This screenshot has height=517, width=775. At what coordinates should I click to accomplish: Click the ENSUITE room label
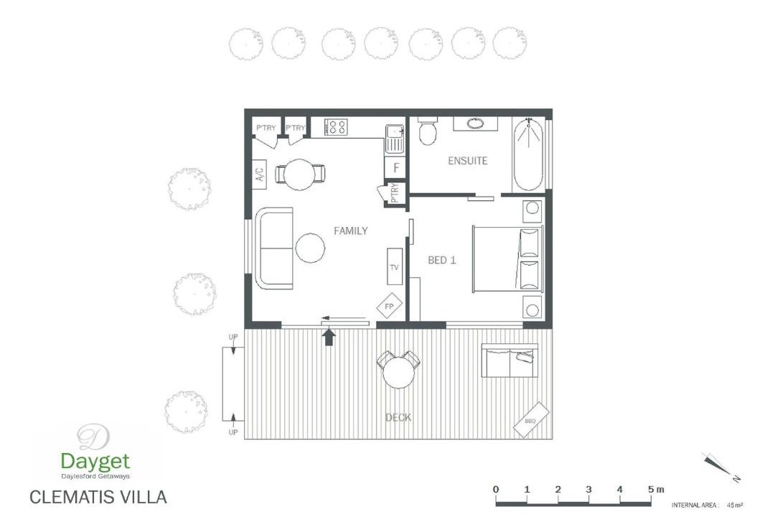[x=468, y=161]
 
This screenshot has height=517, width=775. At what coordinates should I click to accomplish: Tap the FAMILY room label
[x=350, y=230]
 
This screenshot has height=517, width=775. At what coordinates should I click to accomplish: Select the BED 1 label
[x=441, y=260]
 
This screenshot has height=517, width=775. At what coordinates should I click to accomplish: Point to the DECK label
[x=398, y=418]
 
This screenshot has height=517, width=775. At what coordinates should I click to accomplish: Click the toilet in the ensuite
[x=428, y=131]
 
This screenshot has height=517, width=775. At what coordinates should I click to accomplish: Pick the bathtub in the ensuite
[x=528, y=154]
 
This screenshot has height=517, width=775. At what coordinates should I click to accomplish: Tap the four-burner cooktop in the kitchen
[x=337, y=126]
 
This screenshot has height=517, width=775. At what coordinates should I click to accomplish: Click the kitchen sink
[x=394, y=139]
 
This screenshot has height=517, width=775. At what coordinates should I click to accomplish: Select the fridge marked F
[x=395, y=168]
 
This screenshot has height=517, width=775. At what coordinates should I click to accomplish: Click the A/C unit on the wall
[x=260, y=174]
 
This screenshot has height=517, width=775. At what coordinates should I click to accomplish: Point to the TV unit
[x=395, y=266]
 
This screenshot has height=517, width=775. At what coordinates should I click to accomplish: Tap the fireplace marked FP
[x=390, y=307]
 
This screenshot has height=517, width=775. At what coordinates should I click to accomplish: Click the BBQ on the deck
[x=531, y=419]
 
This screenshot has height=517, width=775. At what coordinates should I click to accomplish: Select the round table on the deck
[x=398, y=373]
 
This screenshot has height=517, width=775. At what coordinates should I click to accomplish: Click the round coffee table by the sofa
[x=311, y=248]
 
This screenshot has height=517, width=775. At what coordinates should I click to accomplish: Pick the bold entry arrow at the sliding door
[x=329, y=337]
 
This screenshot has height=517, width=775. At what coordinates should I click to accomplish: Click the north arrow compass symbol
[x=718, y=465]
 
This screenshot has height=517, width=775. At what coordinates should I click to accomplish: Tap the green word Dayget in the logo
[x=95, y=462]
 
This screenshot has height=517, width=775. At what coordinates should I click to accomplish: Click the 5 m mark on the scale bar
[x=651, y=489]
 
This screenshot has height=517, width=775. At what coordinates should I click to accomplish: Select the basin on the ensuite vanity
[x=476, y=124]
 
